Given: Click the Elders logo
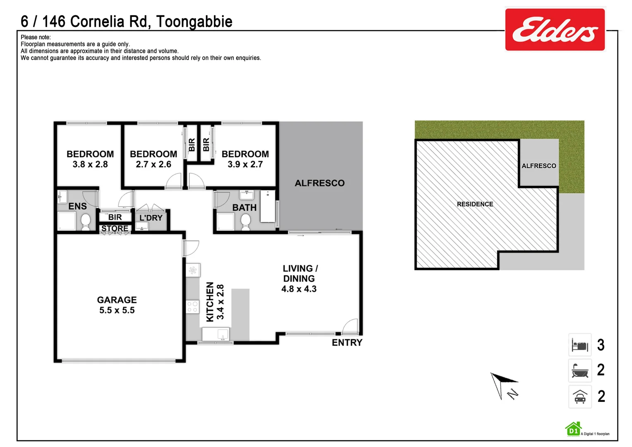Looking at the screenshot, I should tap(555, 29).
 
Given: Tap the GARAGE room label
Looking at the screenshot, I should tap(117, 300).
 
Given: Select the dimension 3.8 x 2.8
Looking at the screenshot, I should tap(90, 164).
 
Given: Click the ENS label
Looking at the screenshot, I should tap(77, 206).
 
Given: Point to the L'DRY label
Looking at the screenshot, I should tap(151, 218).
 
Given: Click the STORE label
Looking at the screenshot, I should tap(115, 228).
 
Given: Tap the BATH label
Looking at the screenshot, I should tap(244, 207).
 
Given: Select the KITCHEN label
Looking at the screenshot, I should tap(210, 302).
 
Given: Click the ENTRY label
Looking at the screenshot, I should tap(347, 343).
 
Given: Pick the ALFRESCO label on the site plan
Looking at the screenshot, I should tap(539, 166).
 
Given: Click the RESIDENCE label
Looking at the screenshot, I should tap(475, 204).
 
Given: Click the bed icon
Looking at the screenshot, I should tap(580, 345).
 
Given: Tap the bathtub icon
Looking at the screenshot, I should tap(580, 370).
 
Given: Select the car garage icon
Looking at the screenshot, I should tap(580, 397).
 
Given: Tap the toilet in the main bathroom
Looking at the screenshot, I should tap(246, 221).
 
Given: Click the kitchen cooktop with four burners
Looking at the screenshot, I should tap(192, 307).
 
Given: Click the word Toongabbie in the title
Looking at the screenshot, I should tap(194, 22).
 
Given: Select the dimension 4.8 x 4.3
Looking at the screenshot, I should tap(299, 289).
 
